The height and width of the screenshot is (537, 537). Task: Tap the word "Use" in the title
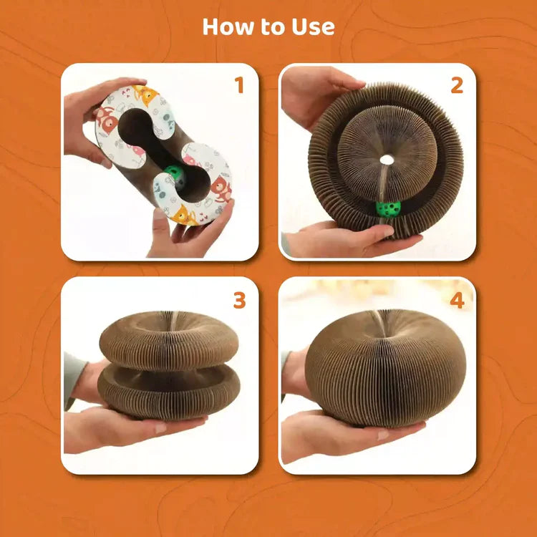coord(313,26)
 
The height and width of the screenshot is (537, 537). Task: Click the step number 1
coord(239,85)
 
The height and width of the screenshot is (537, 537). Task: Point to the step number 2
coord(457,85)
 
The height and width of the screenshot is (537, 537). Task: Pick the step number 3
coord(239,300)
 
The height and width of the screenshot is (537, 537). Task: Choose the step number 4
coord(458,300)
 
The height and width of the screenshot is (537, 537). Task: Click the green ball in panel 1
coord(175,175)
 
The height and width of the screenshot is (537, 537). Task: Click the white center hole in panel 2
coord(387,159)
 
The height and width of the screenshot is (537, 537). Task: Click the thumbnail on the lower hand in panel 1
coord(159,214)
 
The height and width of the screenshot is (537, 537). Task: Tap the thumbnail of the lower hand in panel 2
coord(388,231)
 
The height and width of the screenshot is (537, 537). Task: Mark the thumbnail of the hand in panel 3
coord(160,427)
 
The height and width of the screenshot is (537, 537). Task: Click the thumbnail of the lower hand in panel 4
coord(383,435)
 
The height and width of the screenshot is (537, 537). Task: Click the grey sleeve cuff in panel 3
coord(72,380)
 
